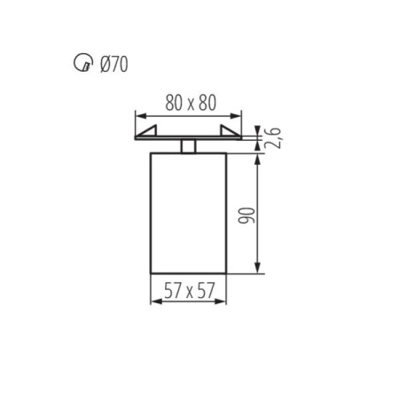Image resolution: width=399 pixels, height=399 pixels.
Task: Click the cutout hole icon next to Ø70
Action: (x=80, y=64)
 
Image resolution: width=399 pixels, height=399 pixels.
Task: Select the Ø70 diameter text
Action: (x=113, y=64)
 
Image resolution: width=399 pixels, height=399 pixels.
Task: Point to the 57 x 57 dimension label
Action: (x=189, y=288)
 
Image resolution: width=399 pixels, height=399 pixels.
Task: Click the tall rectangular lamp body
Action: (x=189, y=213)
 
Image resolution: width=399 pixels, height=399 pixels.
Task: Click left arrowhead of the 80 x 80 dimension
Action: (x=139, y=115)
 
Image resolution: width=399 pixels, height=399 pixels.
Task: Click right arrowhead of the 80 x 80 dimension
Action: (x=238, y=115)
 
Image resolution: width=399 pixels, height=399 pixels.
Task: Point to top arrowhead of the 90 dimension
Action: (x=258, y=159)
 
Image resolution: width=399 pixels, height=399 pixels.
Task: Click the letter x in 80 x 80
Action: (x=189, y=103)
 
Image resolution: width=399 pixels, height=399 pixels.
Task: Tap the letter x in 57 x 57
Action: (x=189, y=290)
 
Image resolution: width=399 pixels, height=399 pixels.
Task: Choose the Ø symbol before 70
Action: (x=105, y=64)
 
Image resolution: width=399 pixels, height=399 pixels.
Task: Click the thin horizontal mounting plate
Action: (x=189, y=138)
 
